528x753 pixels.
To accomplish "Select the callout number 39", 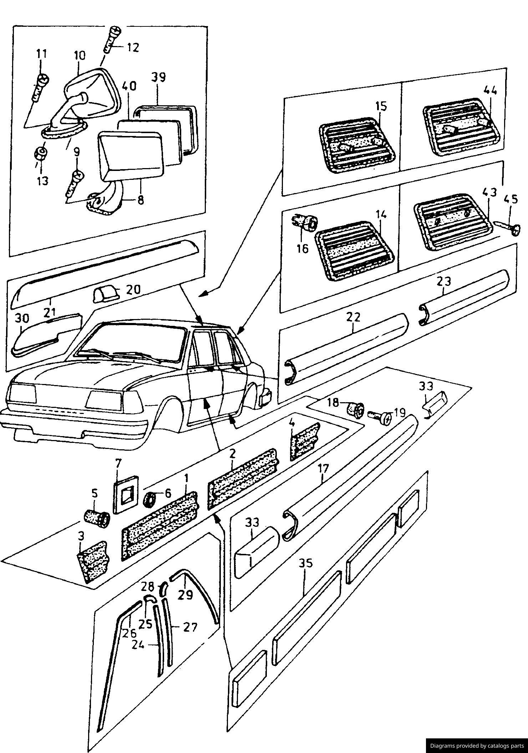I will pos(158,77).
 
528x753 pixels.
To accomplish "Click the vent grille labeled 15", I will pos(356,144).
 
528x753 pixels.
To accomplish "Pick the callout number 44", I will pos(490,91).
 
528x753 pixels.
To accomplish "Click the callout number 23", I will pos(443,281).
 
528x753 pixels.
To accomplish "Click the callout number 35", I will pos(305,563).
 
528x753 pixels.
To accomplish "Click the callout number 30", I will pos(22,318).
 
